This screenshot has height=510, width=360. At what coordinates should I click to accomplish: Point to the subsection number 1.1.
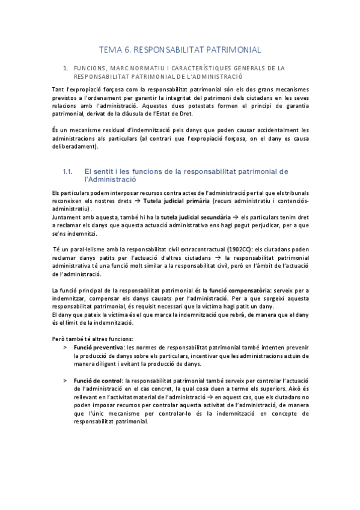68,171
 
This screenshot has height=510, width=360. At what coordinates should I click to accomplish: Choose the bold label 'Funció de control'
98,380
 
